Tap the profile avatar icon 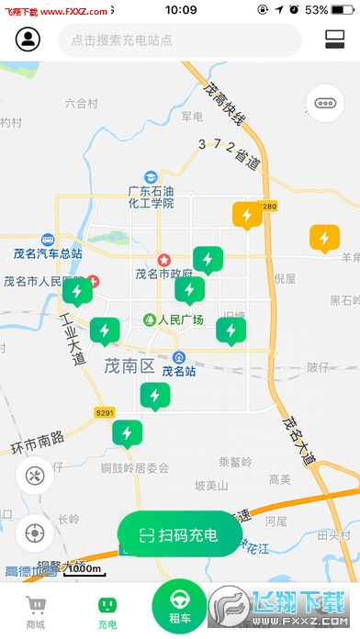coord(28,40)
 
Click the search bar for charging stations coord(179,40)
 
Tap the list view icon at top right coord(333,40)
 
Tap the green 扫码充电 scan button coord(180,535)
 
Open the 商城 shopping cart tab coord(36,611)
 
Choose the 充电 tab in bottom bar coord(107,611)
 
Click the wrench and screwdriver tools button coord(35,476)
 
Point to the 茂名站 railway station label coord(179,371)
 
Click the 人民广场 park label coord(174,320)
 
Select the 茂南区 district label coord(129,365)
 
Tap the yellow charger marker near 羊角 coord(323,239)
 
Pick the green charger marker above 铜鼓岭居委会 coord(128,433)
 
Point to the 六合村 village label coord(81,104)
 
